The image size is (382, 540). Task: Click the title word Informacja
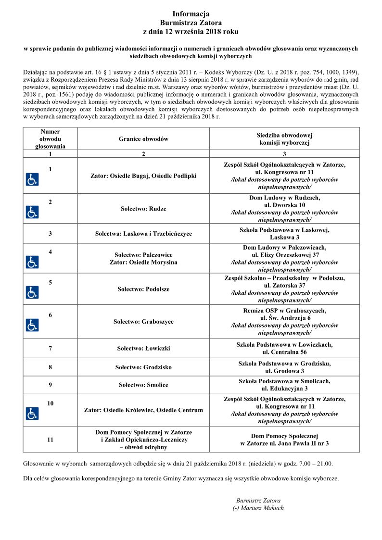(x=191, y=14)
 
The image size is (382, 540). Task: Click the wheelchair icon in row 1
(x=32, y=180)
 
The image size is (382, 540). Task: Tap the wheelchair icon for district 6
(x=32, y=325)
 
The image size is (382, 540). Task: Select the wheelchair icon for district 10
(x=32, y=414)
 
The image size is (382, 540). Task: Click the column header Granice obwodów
(x=143, y=139)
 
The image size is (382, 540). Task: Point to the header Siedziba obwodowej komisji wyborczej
(x=284, y=139)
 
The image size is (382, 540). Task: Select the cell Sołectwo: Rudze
(x=143, y=209)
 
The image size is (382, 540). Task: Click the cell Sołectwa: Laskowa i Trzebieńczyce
(x=143, y=234)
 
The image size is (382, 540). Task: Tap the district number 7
(x=51, y=348)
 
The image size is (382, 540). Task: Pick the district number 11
(x=51, y=439)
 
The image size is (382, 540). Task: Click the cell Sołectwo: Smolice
(x=143, y=385)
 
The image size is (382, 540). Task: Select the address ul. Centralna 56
(x=284, y=352)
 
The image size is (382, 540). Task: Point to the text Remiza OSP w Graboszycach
(x=284, y=311)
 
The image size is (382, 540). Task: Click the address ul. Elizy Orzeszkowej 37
(x=284, y=254)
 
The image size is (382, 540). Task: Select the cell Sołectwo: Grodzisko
(x=143, y=367)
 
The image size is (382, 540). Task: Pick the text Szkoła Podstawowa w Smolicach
(x=284, y=381)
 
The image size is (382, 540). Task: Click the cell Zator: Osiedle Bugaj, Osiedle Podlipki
(x=143, y=176)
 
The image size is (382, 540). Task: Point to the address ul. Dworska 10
(x=284, y=205)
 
